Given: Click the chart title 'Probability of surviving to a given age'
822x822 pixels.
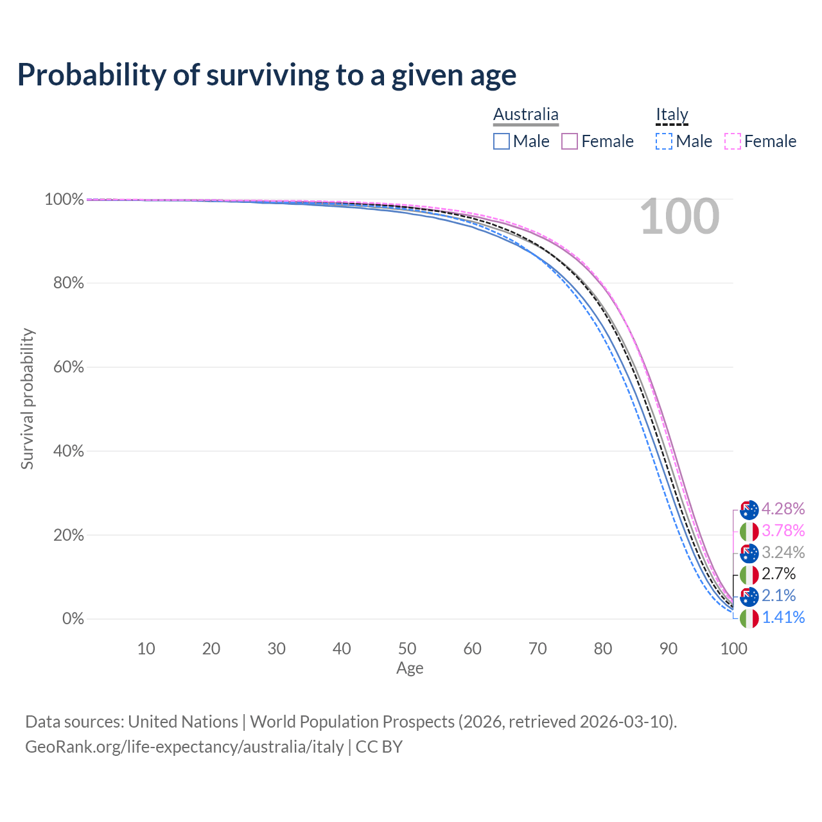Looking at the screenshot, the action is click(x=267, y=76).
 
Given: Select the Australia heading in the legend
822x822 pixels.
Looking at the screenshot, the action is click(x=525, y=114).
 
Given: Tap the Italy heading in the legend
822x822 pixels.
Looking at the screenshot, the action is click(x=672, y=114).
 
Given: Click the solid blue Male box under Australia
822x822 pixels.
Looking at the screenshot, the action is click(x=501, y=141).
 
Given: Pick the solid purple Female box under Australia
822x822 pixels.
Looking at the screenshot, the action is click(x=570, y=141).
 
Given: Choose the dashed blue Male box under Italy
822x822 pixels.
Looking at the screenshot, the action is click(x=664, y=141).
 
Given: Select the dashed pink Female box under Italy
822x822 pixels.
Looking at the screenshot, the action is click(x=733, y=141).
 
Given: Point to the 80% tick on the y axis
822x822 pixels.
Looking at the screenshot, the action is click(x=68, y=283).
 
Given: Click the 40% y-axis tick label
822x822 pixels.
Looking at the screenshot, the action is click(x=68, y=451).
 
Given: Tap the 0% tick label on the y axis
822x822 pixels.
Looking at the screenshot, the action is click(x=73, y=618).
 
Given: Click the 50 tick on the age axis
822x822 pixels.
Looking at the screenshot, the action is click(x=407, y=649).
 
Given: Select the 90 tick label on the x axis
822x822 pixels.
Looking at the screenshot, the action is click(x=668, y=649).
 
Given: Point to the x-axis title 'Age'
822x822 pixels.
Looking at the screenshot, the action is click(x=410, y=668).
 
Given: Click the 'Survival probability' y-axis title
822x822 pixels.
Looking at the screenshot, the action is click(x=28, y=398).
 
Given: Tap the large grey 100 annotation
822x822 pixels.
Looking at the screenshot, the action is click(x=679, y=216).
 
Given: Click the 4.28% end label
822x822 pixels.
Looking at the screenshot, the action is click(x=783, y=509).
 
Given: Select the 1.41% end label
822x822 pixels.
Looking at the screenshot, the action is click(x=783, y=617).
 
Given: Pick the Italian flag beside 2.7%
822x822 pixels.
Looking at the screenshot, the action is click(x=749, y=575).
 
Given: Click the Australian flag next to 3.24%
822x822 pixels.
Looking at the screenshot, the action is click(x=749, y=554).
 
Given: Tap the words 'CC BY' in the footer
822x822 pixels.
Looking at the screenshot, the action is click(x=379, y=747).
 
